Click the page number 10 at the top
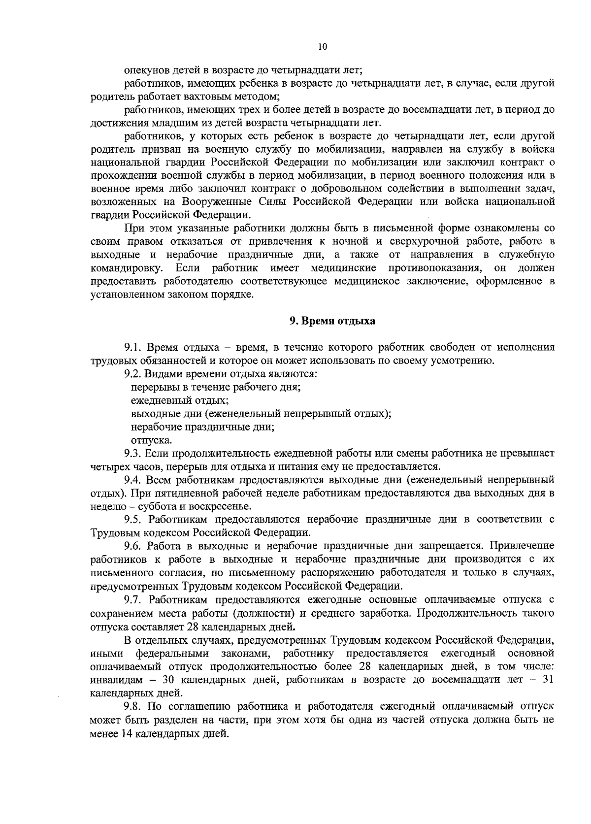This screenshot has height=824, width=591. pyautogui.click(x=322, y=47)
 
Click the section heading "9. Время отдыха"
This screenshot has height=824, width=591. pyautogui.click(x=332, y=321)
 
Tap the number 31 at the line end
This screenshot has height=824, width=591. pyautogui.click(x=548, y=680)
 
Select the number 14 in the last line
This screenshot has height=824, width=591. pyautogui.click(x=127, y=733)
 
